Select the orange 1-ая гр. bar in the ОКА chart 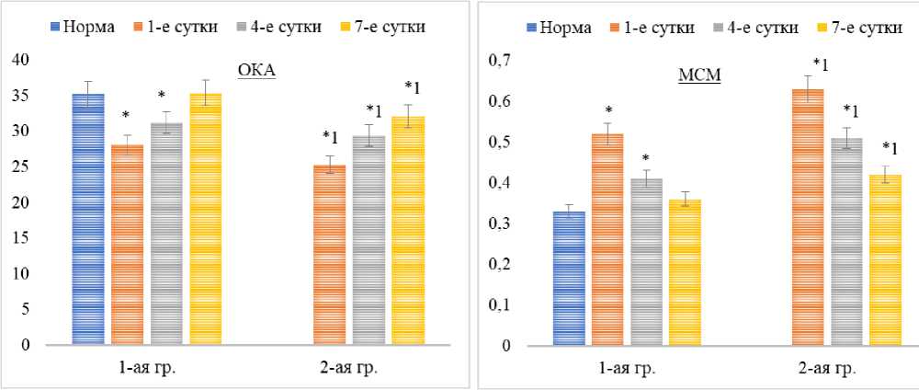click(x=127, y=245)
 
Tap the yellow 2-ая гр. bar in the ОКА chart click(x=408, y=230)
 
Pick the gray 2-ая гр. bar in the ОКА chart click(x=369, y=240)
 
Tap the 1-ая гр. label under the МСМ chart click(x=628, y=369)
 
